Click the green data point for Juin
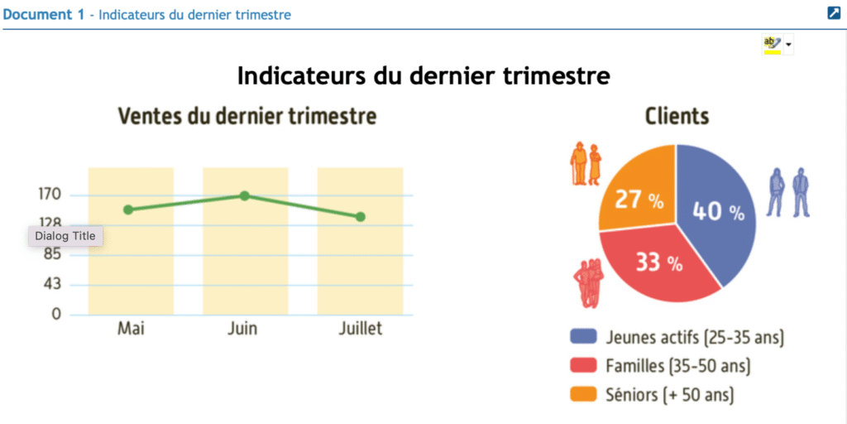coord(244,195)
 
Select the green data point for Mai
coord(128,210)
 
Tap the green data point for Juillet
coord(361,217)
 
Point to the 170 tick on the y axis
coord(49,195)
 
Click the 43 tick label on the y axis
coord(51,284)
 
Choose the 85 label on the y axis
coord(51,254)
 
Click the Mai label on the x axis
coord(131,329)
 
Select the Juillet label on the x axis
coord(361,329)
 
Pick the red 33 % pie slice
coord(658,264)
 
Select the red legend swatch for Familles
coord(584,366)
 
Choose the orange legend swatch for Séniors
coord(584,395)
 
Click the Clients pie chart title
coord(677,117)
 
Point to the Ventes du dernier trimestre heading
coord(246,117)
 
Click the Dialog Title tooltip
coord(65,236)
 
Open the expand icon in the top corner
coord(834,12)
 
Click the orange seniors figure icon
coord(586,164)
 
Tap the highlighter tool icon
coord(772,45)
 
